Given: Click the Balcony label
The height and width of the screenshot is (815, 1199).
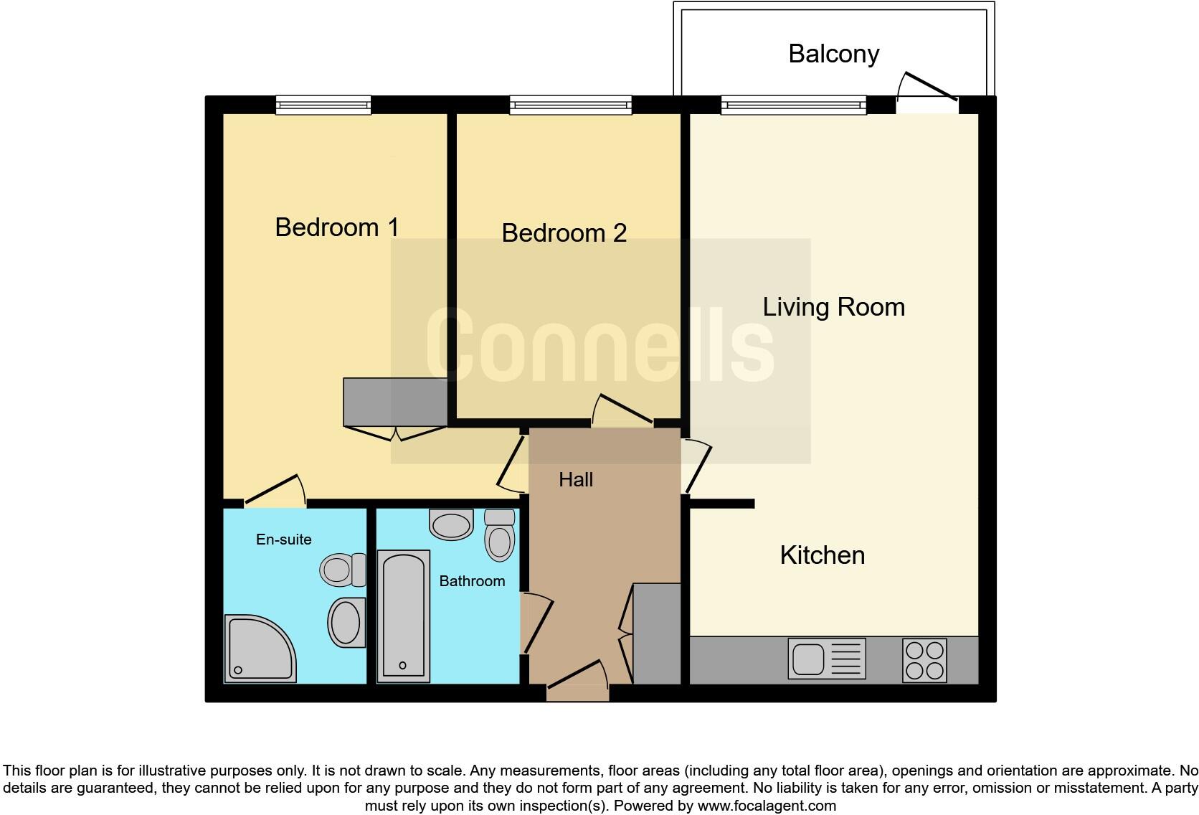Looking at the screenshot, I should point(833,54).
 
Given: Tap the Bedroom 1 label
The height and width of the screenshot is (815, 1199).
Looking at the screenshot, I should point(336,227).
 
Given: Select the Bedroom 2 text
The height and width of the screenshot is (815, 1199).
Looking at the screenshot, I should point(564,233).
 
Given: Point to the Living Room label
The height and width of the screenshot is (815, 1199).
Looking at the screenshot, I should point(833,307).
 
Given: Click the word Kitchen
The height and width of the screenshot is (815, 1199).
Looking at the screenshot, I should point(822,555).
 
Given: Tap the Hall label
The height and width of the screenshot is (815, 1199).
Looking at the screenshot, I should point(575,479).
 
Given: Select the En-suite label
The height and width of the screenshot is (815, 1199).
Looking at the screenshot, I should point(283,540).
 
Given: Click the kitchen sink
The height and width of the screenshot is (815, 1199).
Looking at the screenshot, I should point(826,658).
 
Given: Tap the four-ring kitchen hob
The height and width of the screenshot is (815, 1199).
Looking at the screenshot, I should point(924,660).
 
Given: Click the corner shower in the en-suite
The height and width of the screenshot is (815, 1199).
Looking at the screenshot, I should point(258,649).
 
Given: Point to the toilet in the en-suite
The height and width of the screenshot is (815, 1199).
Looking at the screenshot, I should point(342,570).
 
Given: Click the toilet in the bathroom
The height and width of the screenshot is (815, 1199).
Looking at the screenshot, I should point(499,534).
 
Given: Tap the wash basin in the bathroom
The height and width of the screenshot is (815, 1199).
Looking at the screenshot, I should point(451,524).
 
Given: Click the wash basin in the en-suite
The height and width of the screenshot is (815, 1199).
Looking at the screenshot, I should point(346,622).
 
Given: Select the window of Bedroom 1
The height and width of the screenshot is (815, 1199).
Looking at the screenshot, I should point(323,105).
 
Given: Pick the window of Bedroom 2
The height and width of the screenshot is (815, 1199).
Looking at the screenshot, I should point(570,105).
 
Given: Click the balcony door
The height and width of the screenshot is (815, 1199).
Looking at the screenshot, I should point(928,100).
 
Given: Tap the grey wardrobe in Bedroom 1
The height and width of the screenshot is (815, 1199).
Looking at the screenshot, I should point(395,402).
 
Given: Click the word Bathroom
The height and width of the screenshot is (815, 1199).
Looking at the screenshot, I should point(472,581).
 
